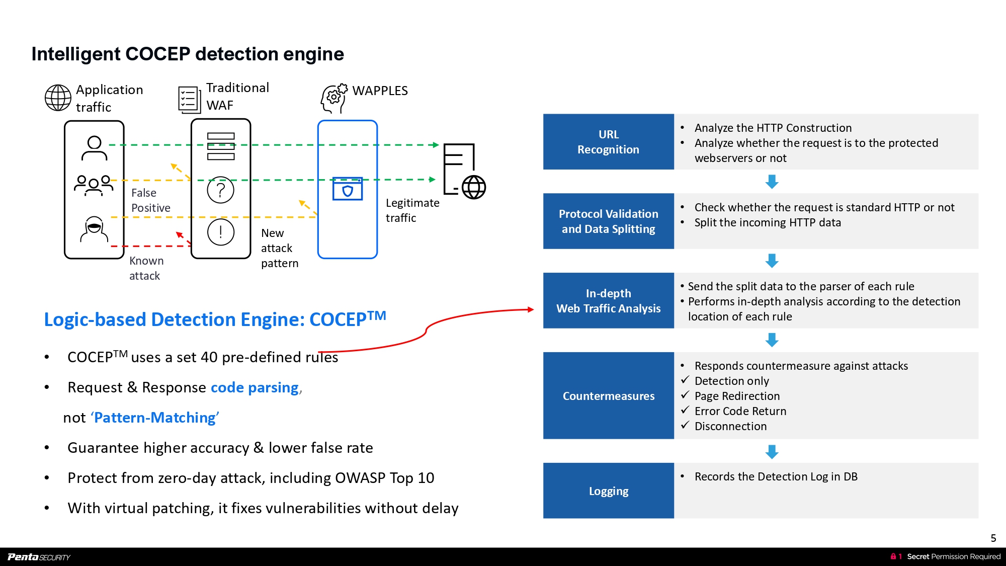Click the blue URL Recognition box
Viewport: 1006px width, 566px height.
pyautogui.click(x=608, y=142)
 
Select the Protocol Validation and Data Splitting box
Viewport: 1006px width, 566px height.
pyautogui.click(x=608, y=221)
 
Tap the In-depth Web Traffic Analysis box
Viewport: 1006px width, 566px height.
pyautogui.click(x=608, y=301)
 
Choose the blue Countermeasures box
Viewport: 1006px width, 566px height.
pyautogui.click(x=608, y=396)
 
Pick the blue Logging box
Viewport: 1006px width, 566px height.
pyautogui.click(x=608, y=491)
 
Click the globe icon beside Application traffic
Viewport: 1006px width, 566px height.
pyautogui.click(x=58, y=98)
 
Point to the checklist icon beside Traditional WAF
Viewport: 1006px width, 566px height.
pyautogui.click(x=189, y=99)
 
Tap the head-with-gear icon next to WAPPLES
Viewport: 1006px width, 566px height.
pyautogui.click(x=334, y=98)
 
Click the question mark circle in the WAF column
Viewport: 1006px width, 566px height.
pyautogui.click(x=221, y=190)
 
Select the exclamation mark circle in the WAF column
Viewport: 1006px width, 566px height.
pyautogui.click(x=221, y=232)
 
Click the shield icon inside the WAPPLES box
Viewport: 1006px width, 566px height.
pyautogui.click(x=348, y=189)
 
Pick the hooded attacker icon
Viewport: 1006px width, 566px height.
pyautogui.click(x=94, y=229)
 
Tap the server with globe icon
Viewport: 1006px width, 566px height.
pyautogui.click(x=464, y=172)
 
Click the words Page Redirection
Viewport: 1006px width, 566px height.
pyautogui.click(x=737, y=396)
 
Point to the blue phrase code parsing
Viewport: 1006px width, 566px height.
pyautogui.click(x=255, y=387)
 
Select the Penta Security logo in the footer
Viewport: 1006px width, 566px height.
pyautogui.click(x=39, y=557)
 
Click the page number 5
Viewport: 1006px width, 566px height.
pyautogui.click(x=993, y=538)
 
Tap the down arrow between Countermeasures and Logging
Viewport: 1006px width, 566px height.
pyautogui.click(x=772, y=452)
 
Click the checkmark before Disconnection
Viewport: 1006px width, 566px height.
pyautogui.click(x=685, y=425)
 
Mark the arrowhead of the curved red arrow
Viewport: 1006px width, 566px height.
pyautogui.click(x=531, y=309)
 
